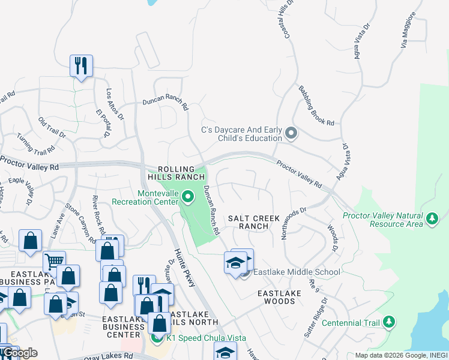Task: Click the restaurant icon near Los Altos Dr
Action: coord(81,65)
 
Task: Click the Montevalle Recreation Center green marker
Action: coord(188,196)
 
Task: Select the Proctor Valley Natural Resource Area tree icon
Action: coord(432,220)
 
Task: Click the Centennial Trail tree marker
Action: coord(389,323)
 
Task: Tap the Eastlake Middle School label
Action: coord(296,272)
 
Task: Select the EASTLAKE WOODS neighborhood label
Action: coord(276,297)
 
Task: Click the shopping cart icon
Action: coord(54,260)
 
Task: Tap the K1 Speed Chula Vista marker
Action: coord(157,338)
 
